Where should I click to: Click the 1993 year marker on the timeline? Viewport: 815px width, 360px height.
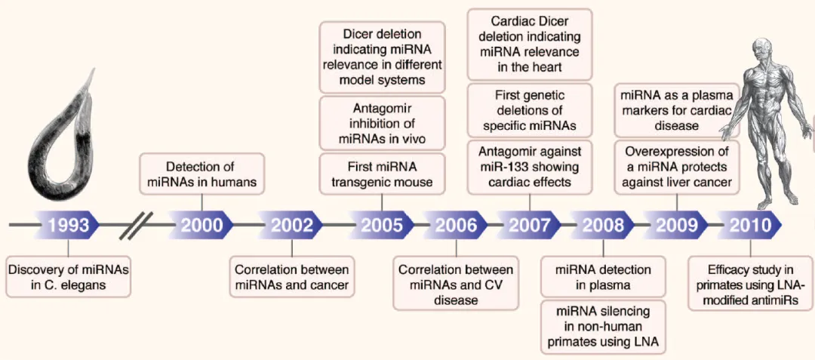[x=69, y=225]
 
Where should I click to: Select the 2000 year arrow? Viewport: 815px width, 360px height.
[x=201, y=225]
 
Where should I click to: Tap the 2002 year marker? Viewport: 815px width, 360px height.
[x=291, y=225]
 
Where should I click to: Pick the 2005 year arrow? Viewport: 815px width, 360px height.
[x=381, y=225]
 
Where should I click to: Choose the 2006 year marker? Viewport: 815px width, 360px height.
[x=455, y=225]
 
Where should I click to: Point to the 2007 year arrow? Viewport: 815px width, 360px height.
[x=529, y=225]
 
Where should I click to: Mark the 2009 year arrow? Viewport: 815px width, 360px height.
[x=676, y=225]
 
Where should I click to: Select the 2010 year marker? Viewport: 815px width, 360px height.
[x=750, y=225]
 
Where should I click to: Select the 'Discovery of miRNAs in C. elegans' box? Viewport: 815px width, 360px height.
[x=68, y=277]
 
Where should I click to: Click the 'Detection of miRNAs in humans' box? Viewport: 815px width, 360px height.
[x=202, y=173]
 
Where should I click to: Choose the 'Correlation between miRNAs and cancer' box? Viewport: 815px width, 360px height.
[x=291, y=277]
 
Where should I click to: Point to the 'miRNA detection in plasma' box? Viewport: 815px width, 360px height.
[x=603, y=277]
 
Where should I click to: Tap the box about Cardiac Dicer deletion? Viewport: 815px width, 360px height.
[x=529, y=43]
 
